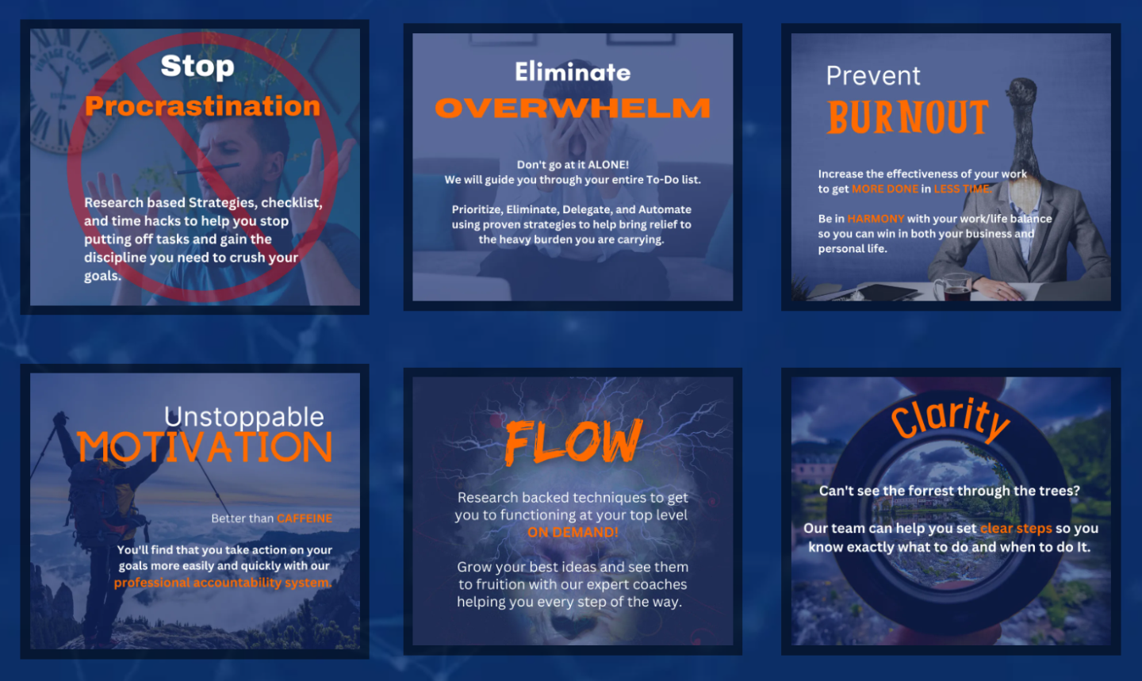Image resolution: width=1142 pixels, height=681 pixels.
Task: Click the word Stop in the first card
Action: pyautogui.click(x=197, y=66)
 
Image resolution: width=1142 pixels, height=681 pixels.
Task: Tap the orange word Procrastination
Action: pyautogui.click(x=202, y=106)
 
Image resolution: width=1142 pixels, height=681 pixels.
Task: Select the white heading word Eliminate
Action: pyautogui.click(x=573, y=72)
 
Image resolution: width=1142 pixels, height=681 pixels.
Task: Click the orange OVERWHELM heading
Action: pyautogui.click(x=573, y=108)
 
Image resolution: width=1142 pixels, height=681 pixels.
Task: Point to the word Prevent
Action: pyautogui.click(x=873, y=76)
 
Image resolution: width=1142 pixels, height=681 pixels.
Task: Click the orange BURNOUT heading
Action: pyautogui.click(x=908, y=117)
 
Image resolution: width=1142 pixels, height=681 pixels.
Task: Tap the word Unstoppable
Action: pyautogui.click(x=244, y=416)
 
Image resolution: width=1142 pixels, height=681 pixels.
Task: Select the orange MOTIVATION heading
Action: pyautogui.click(x=205, y=448)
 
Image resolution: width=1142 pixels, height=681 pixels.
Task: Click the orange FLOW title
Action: pyautogui.click(x=573, y=442)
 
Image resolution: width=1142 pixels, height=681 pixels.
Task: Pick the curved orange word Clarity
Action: pyautogui.click(x=950, y=418)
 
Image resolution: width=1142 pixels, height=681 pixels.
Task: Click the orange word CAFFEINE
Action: pyautogui.click(x=305, y=518)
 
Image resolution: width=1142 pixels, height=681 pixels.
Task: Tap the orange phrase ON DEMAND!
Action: pyautogui.click(x=573, y=533)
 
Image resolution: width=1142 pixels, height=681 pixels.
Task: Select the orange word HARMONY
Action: pyautogui.click(x=876, y=219)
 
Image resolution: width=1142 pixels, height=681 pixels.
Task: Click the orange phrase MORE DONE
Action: pyautogui.click(x=885, y=189)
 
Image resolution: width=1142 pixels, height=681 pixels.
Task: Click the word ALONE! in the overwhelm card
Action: pyautogui.click(x=608, y=165)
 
